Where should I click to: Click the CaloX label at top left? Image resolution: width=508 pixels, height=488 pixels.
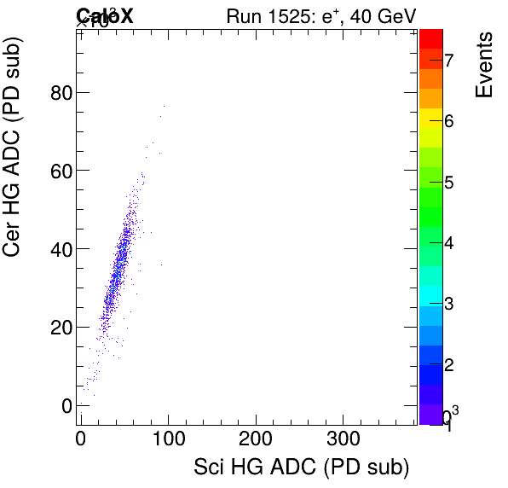(x=104, y=16)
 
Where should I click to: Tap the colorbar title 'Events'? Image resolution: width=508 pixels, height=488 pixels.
(x=484, y=66)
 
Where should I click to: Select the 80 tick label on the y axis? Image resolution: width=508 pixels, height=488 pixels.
(x=59, y=92)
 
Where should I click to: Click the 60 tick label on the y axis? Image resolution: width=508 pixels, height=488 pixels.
(x=59, y=171)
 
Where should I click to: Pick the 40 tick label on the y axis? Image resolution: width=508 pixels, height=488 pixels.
(x=59, y=249)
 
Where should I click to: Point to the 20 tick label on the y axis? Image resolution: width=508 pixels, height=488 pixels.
(x=59, y=328)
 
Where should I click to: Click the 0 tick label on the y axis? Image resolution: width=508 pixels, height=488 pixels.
(x=65, y=406)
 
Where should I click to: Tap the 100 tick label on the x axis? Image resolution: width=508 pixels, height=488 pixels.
(x=168, y=439)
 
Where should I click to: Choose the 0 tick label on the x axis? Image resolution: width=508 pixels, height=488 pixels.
(x=81, y=439)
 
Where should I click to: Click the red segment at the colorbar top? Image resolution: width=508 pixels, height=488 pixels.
(x=430, y=38)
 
